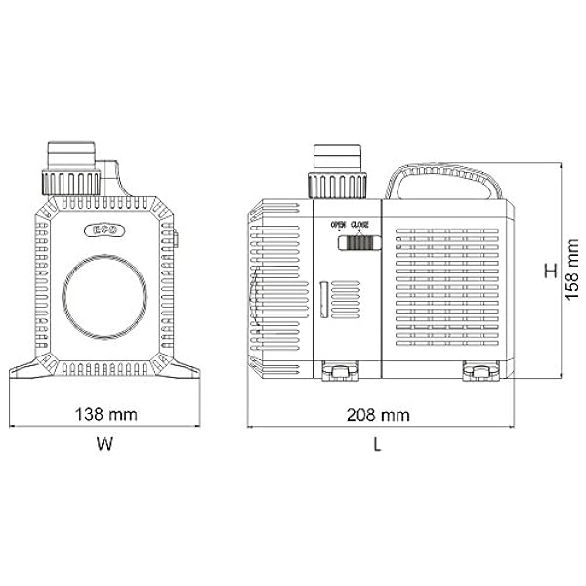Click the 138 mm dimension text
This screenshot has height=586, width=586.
pyautogui.click(x=105, y=414)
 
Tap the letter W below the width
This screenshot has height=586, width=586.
pyautogui.click(x=105, y=445)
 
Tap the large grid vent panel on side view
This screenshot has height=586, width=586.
pyautogui.click(x=449, y=288)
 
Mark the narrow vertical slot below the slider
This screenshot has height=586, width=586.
pyautogui.click(x=322, y=298)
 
